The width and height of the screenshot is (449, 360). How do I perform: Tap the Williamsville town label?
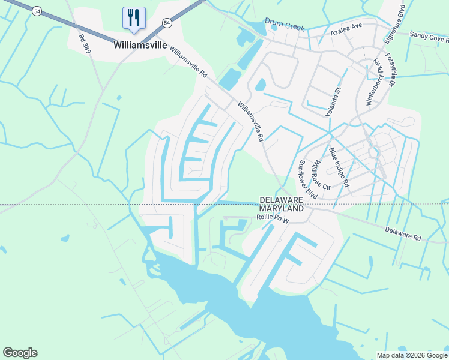pyautogui.click(x=140, y=45)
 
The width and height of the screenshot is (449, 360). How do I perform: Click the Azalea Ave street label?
pyautogui.click(x=348, y=27)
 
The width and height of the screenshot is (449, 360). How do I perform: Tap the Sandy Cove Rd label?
pyautogui.click(x=429, y=37)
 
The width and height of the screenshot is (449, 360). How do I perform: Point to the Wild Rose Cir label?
pyautogui.click(x=321, y=176)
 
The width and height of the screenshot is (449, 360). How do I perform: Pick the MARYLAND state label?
pyautogui.click(x=282, y=209)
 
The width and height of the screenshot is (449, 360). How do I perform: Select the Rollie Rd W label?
pyautogui.click(x=273, y=220)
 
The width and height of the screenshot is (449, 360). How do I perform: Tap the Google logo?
pyautogui.click(x=20, y=353)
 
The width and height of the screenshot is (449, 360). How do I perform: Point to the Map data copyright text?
pyautogui.click(x=411, y=355)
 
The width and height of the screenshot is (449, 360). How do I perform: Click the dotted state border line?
pyautogui.click(x=90, y=205)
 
